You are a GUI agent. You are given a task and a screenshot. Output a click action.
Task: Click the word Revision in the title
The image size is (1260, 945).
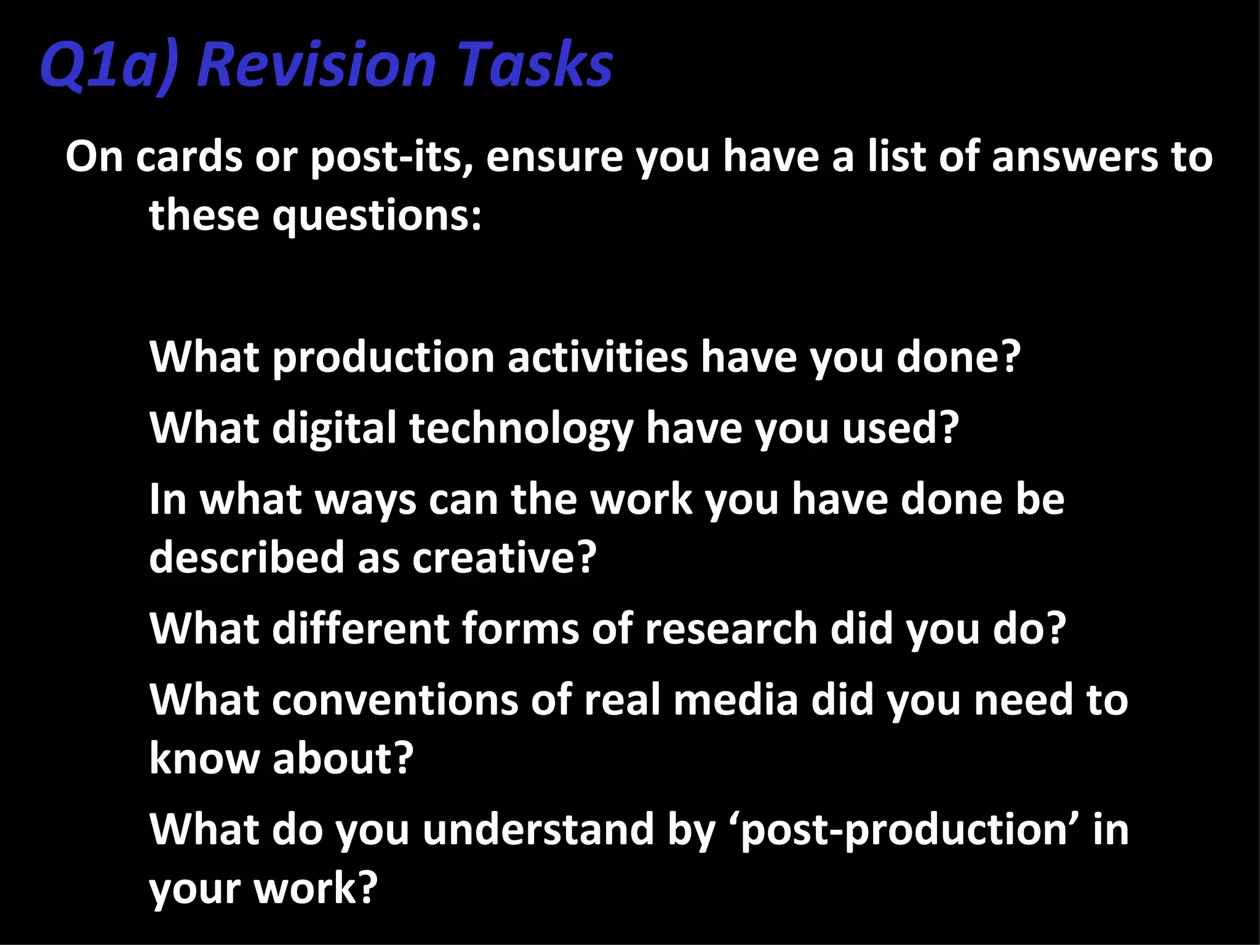point(316,64)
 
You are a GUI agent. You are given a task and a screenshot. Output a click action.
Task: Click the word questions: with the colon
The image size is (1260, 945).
point(377,215)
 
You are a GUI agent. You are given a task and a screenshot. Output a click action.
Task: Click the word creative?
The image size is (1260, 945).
point(504,557)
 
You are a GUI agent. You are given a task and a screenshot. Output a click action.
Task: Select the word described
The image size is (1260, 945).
point(247,557)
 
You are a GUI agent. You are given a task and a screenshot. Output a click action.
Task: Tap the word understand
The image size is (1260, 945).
point(539,829)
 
